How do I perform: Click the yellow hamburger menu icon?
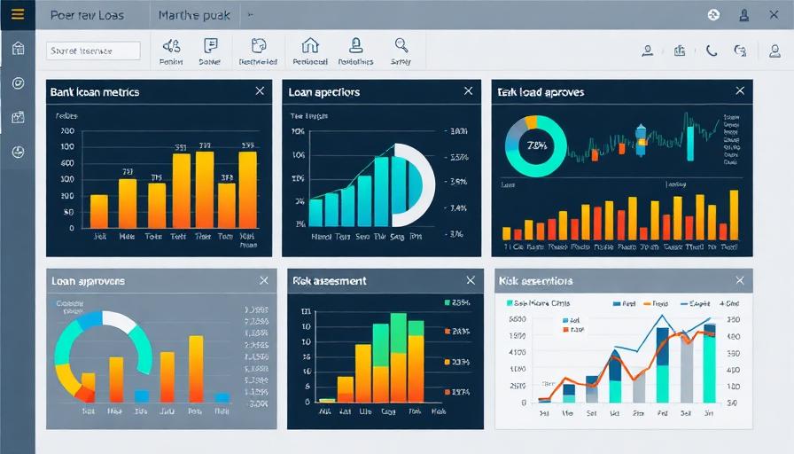[x=17, y=14]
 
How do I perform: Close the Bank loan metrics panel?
[x=260, y=91]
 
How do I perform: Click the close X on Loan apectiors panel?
[x=468, y=91]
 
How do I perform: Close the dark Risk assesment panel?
[x=466, y=280]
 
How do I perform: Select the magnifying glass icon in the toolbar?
[x=401, y=45]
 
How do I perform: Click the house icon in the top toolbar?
[x=309, y=45]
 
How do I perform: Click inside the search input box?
[x=93, y=51]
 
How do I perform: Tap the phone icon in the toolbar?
[x=711, y=51]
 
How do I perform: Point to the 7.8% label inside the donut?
[x=535, y=145]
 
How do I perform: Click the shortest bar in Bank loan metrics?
[x=99, y=211]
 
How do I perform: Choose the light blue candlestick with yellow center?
[x=641, y=136]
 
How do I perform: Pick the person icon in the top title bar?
[x=744, y=14]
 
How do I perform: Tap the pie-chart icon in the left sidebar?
[x=18, y=152]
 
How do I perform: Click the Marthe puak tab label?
[x=193, y=15]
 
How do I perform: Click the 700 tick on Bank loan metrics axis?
[x=67, y=131]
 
